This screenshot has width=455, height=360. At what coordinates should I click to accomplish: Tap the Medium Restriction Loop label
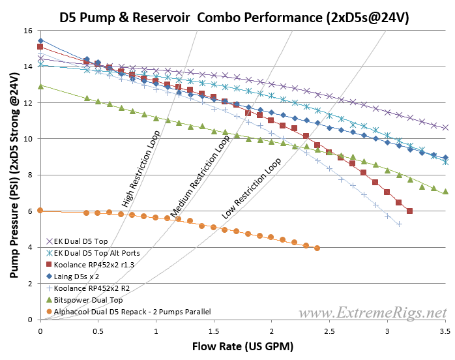point(201,177)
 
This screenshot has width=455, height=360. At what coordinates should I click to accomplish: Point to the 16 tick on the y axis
point(28,31)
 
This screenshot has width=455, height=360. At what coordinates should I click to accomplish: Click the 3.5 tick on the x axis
point(445,329)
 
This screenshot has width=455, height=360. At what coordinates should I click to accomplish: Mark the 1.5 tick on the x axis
point(214,329)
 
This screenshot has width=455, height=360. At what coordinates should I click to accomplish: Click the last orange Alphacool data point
point(317,248)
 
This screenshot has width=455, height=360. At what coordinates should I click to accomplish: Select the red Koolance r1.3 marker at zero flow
point(40,47)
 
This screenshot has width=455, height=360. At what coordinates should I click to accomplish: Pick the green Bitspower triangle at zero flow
point(40,86)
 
